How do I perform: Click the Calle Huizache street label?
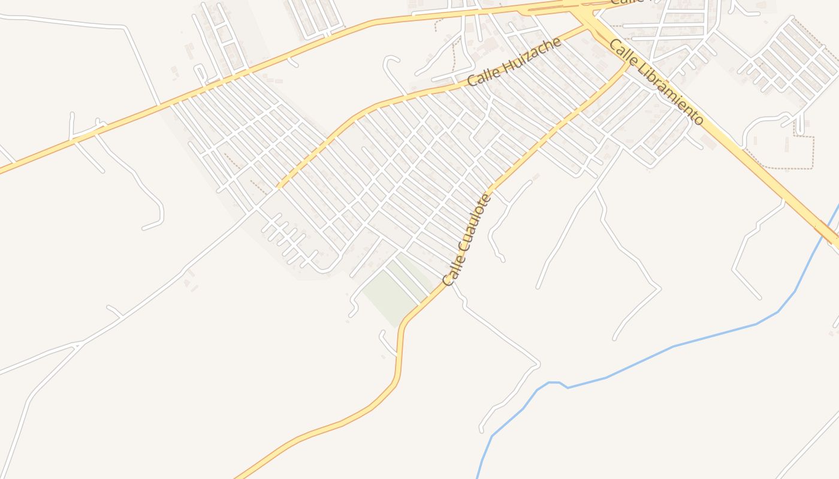[x=514, y=62]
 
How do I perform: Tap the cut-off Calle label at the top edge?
[x=627, y=2]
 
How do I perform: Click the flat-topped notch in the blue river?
[x=554, y=383]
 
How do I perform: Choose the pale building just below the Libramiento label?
[x=709, y=143]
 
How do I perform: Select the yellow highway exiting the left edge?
[x=5, y=169]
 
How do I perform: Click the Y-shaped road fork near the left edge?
[x=77, y=345]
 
